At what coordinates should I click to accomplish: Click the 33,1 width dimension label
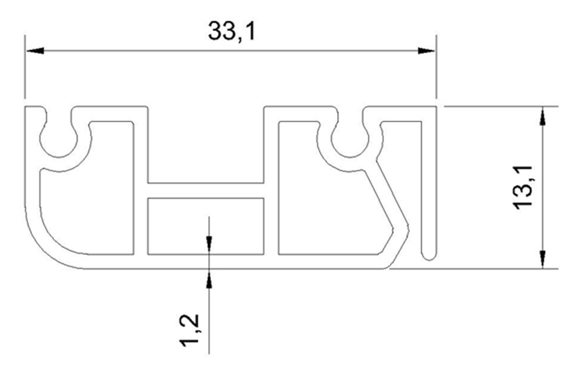coord(231,31)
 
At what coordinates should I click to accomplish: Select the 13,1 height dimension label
coord(523,187)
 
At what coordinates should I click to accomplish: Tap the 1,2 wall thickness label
coord(190,330)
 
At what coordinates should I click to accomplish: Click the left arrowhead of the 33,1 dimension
coord(35,51)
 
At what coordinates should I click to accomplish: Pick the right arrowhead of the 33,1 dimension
coord(427,51)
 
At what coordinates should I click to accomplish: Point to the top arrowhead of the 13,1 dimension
coord(542,116)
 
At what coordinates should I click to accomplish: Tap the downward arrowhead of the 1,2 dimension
coord(209,244)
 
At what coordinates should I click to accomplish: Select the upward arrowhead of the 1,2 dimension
coord(209,278)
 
